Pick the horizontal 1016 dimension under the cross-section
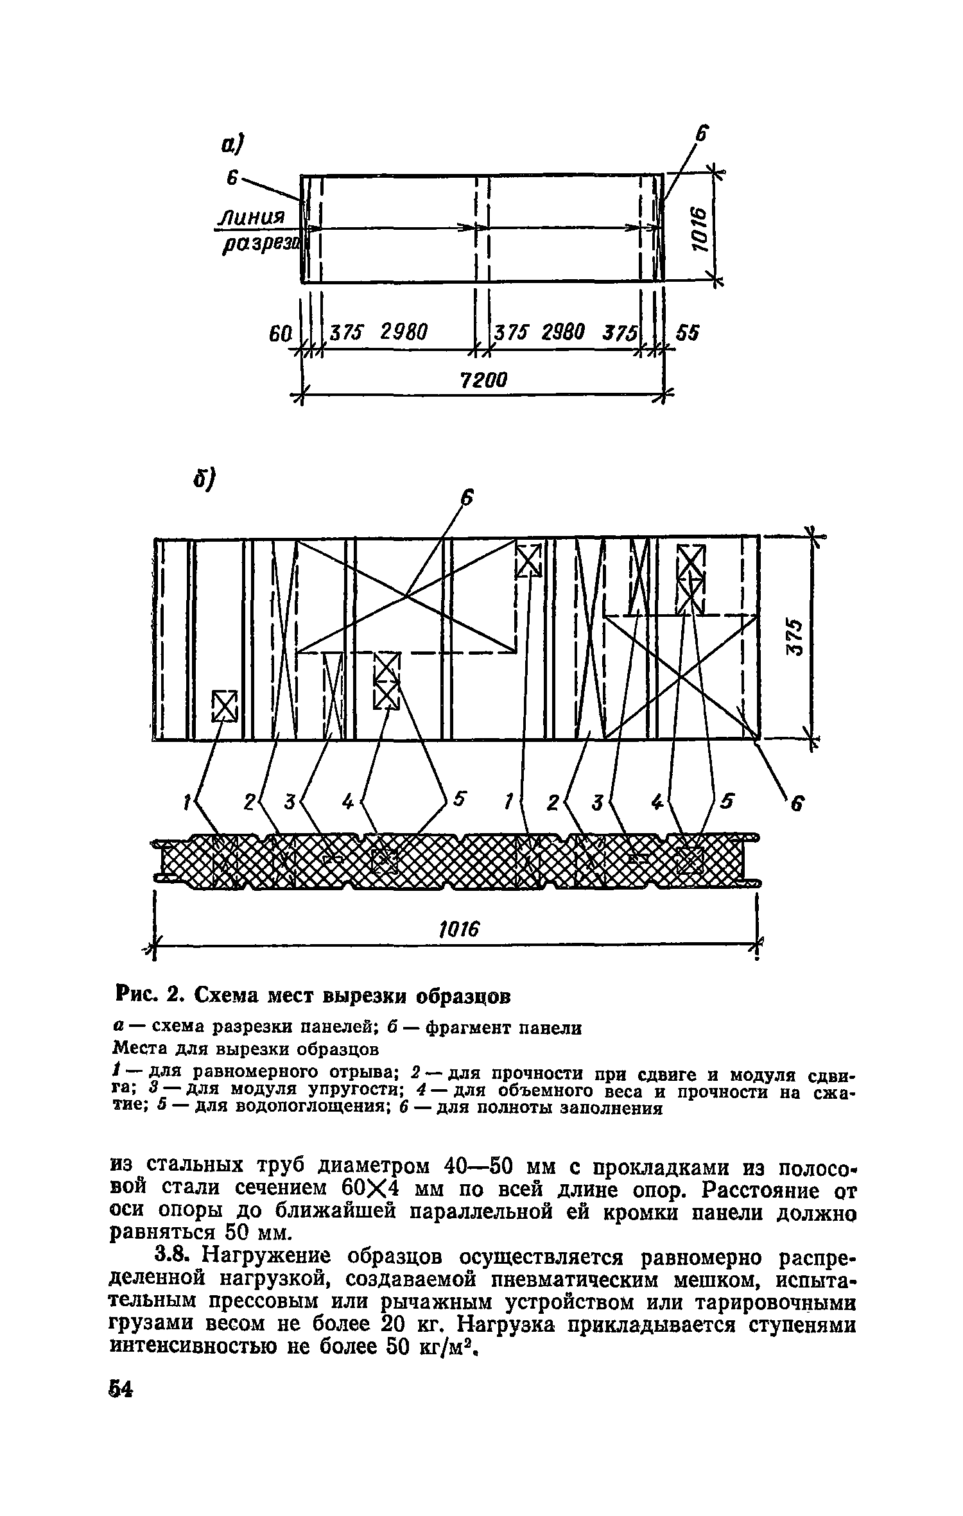point(458,929)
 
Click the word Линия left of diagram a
point(251,217)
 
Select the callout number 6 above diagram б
point(468,498)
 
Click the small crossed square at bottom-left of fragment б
point(225,705)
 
